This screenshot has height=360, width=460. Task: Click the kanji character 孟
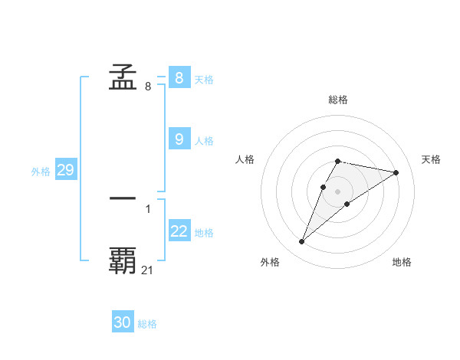click(x=123, y=77)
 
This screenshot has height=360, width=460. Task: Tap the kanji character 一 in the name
click(x=123, y=198)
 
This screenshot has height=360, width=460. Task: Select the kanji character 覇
click(x=123, y=260)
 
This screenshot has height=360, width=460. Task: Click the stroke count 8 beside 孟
click(x=148, y=87)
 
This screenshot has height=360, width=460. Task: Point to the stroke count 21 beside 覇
click(x=148, y=270)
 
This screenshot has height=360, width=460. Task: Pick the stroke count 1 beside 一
click(x=148, y=208)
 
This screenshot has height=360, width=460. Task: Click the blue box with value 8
click(x=179, y=77)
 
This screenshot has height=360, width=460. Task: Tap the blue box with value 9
click(x=179, y=139)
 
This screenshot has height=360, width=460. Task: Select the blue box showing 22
click(x=179, y=231)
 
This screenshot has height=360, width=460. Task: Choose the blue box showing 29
click(x=65, y=170)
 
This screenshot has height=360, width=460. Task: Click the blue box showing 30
click(x=123, y=322)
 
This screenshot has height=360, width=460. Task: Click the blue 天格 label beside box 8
click(x=204, y=80)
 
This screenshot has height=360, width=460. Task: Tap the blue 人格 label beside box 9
click(x=204, y=141)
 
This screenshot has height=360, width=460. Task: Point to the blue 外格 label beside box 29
click(x=41, y=172)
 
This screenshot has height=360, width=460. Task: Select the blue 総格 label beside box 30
click(x=147, y=325)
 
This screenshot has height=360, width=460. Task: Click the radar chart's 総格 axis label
click(x=338, y=100)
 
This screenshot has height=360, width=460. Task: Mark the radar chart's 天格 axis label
click(x=432, y=159)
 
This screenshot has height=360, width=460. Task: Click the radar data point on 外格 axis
click(x=301, y=242)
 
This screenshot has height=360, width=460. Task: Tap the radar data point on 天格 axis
click(x=396, y=172)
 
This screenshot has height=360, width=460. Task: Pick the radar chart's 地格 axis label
click(x=402, y=262)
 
